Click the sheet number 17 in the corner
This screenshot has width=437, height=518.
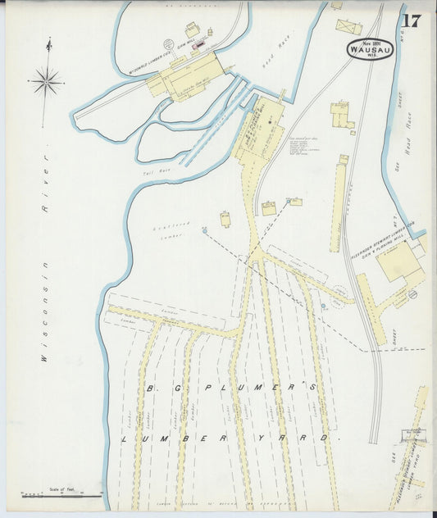[411, 21]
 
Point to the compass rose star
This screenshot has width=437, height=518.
[47, 80]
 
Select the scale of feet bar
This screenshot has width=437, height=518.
[61, 495]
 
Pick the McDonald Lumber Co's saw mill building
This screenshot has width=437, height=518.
[189, 75]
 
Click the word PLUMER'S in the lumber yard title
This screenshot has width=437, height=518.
[275, 387]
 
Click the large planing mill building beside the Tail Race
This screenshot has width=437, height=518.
[261, 131]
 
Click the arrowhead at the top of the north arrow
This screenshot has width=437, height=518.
[48, 41]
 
